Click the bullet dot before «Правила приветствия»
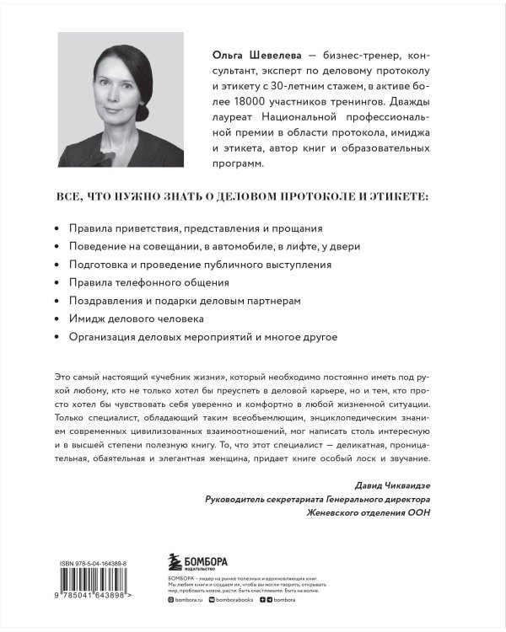pyautogui.click(x=57, y=229)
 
